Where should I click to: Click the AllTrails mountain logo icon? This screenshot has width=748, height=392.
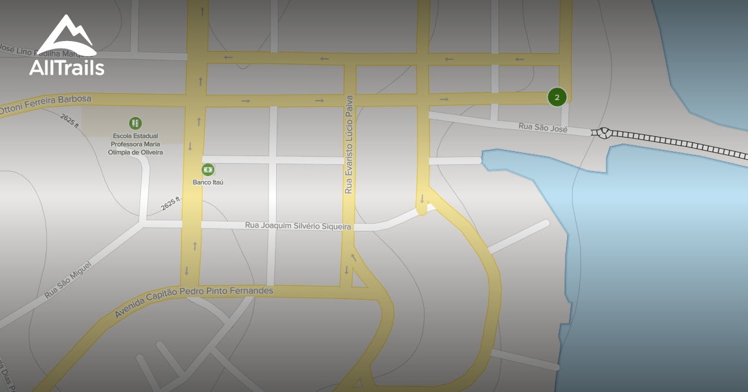pyautogui.click(x=66, y=35)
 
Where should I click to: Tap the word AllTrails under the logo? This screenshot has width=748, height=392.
pyautogui.click(x=67, y=67)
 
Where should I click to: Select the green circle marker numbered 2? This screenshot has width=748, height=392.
pyautogui.click(x=557, y=96)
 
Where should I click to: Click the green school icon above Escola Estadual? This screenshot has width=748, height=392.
pyautogui.click(x=135, y=123)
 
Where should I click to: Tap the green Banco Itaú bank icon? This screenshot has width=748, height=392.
pyautogui.click(x=208, y=169)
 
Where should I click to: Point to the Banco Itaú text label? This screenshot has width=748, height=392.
pyautogui.click(x=208, y=182)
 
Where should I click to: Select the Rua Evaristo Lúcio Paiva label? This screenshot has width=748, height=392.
pyautogui.click(x=349, y=144)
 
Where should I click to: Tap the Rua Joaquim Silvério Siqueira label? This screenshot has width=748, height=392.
pyautogui.click(x=299, y=226)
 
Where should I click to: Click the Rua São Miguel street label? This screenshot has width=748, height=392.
pyautogui.click(x=68, y=280)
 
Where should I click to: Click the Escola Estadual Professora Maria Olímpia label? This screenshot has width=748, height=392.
pyautogui.click(x=135, y=144)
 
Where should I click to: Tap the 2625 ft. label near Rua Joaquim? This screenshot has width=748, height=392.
pyautogui.click(x=170, y=203)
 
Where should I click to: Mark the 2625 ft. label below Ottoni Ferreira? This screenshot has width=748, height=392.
pyautogui.click(x=70, y=121)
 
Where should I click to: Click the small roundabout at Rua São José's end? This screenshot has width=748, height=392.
pyautogui.click(x=602, y=133)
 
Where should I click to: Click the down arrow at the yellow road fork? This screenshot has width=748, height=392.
pyautogui.click(x=422, y=199)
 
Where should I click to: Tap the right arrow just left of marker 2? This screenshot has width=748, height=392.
pyautogui.click(x=444, y=99)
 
